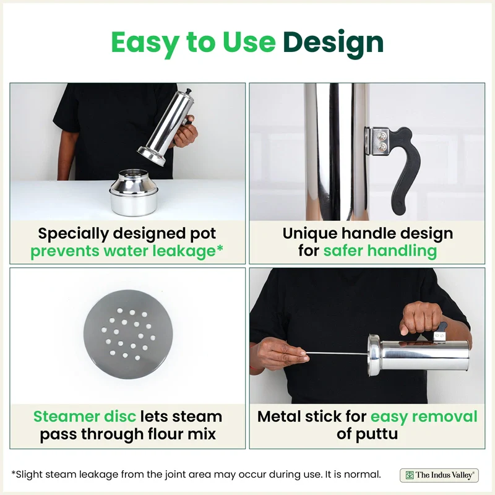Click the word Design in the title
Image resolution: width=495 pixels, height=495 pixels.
point(333,42)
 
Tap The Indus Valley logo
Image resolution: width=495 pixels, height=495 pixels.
point(439,475)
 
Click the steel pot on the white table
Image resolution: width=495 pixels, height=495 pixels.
point(134,193)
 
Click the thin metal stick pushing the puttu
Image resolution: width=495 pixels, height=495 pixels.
point(337,353)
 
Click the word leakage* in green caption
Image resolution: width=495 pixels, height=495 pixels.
point(187,251)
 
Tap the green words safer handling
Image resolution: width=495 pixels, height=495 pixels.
point(380,251)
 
